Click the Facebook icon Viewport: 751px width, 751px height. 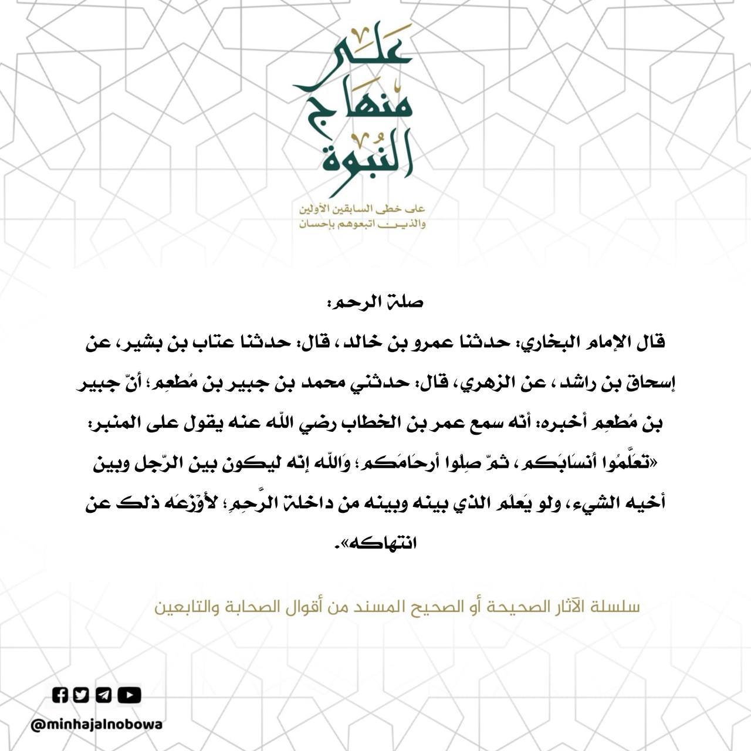(x=60, y=695)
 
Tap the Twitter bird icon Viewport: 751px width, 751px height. (x=82, y=695)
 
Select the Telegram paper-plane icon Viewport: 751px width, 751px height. (x=103, y=695)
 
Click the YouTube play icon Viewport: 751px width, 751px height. (x=129, y=695)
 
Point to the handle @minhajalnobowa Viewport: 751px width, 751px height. (x=97, y=725)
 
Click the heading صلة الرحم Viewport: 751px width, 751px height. (x=375, y=303)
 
